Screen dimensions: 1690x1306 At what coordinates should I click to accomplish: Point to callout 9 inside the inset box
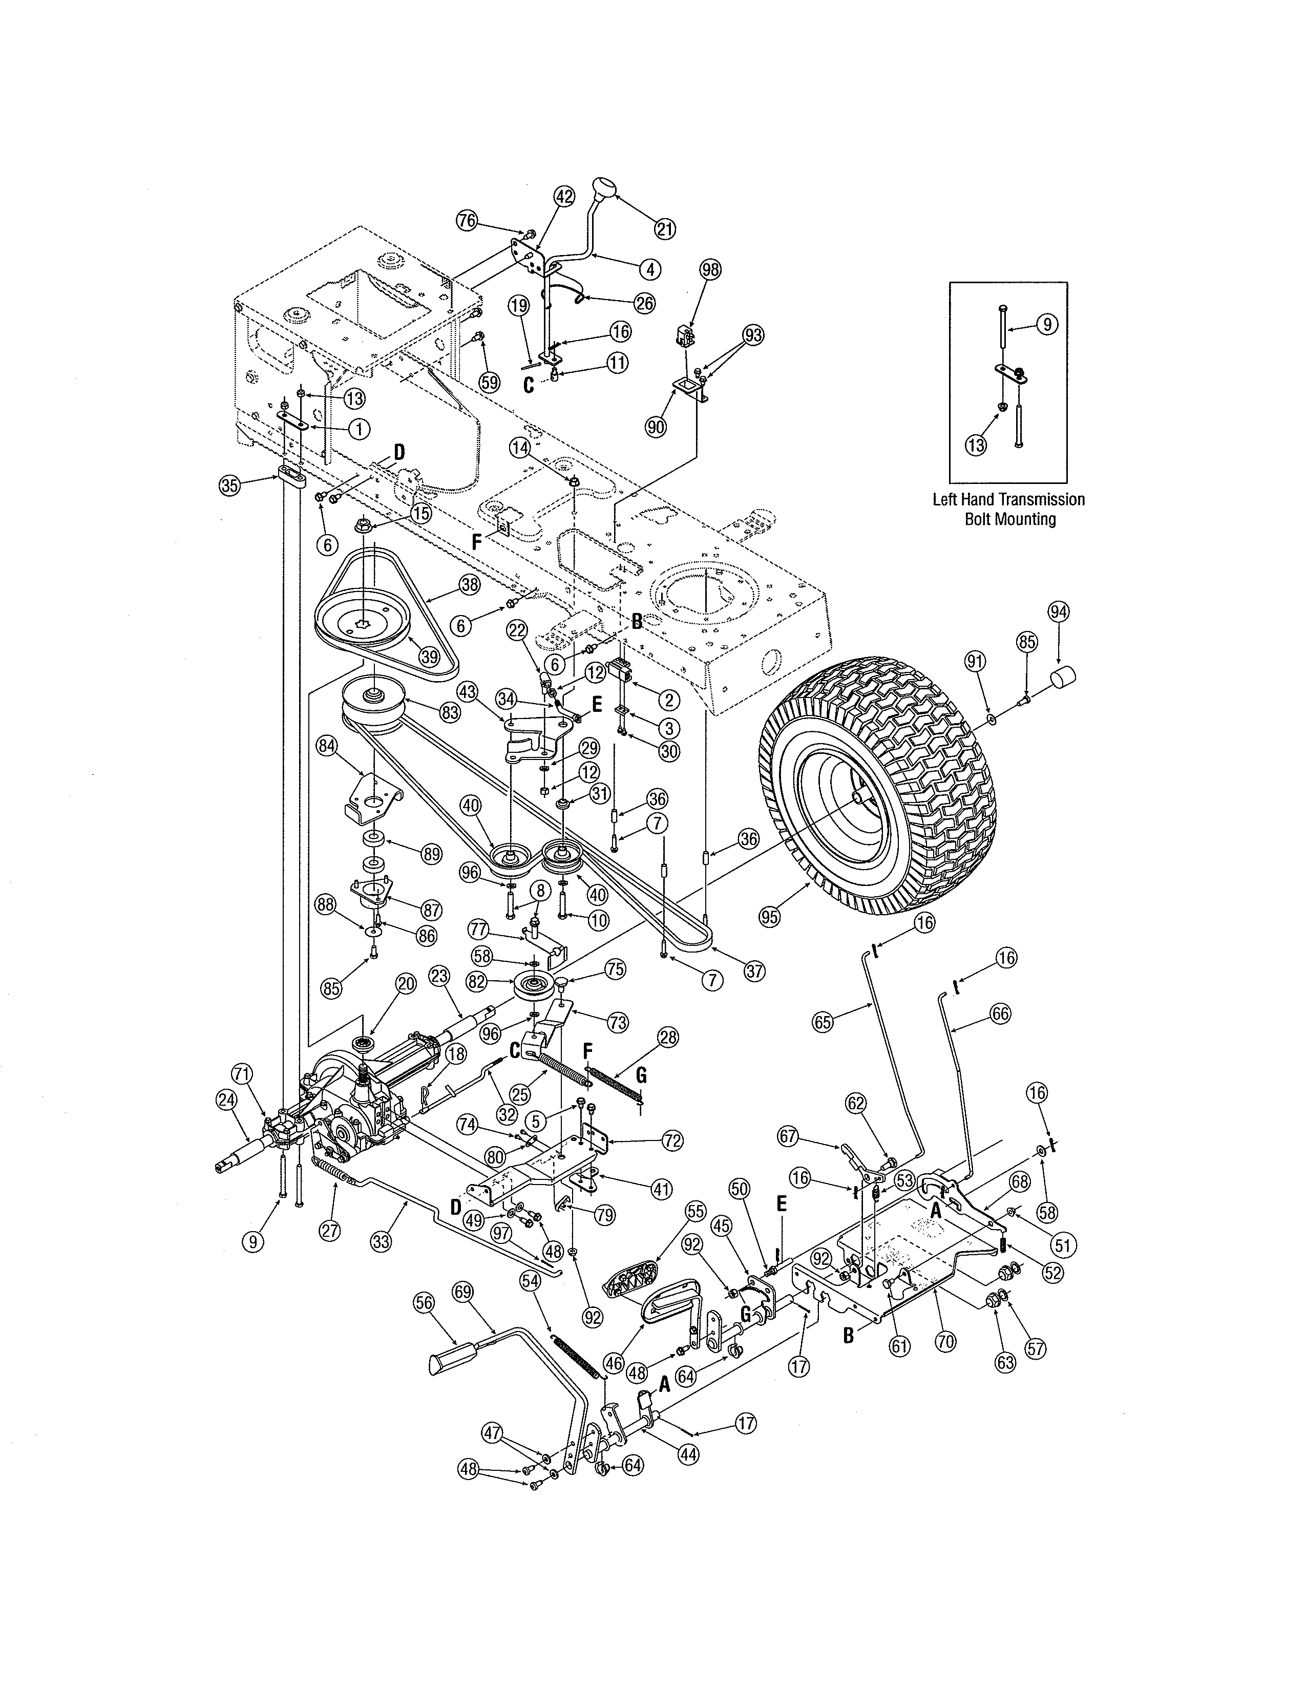pyautogui.click(x=1047, y=324)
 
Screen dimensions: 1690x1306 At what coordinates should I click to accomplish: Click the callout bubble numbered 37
pyautogui.click(x=753, y=971)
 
